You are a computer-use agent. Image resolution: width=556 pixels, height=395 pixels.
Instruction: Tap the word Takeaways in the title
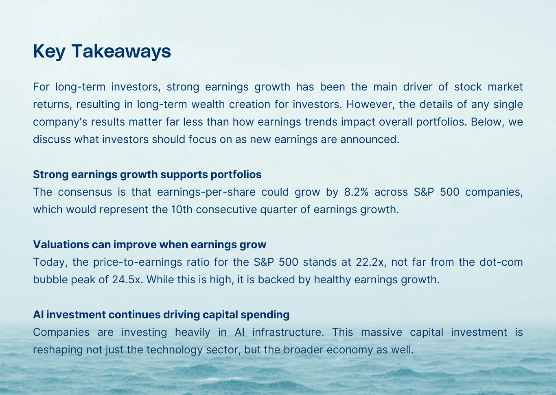(121, 51)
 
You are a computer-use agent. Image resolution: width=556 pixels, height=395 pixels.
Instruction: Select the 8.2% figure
(357, 192)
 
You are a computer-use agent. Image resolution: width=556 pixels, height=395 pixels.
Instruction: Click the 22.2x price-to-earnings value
(370, 262)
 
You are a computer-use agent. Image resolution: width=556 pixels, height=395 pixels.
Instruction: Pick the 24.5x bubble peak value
(127, 280)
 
